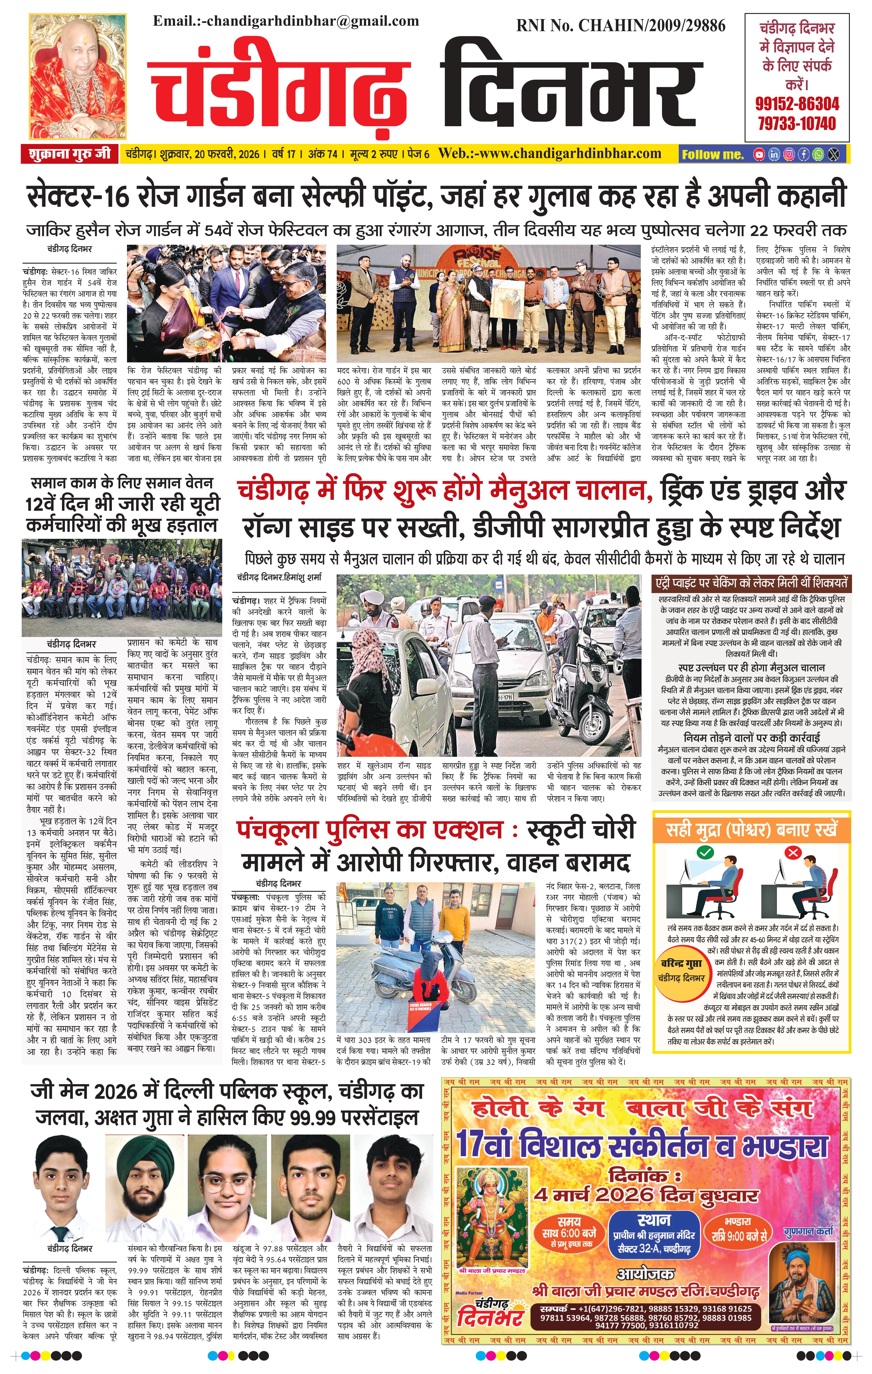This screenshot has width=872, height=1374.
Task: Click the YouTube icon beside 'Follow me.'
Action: coord(759,154)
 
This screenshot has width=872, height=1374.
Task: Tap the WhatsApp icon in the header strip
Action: coord(818,154)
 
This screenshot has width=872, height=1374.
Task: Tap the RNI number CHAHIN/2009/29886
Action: coord(621,26)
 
